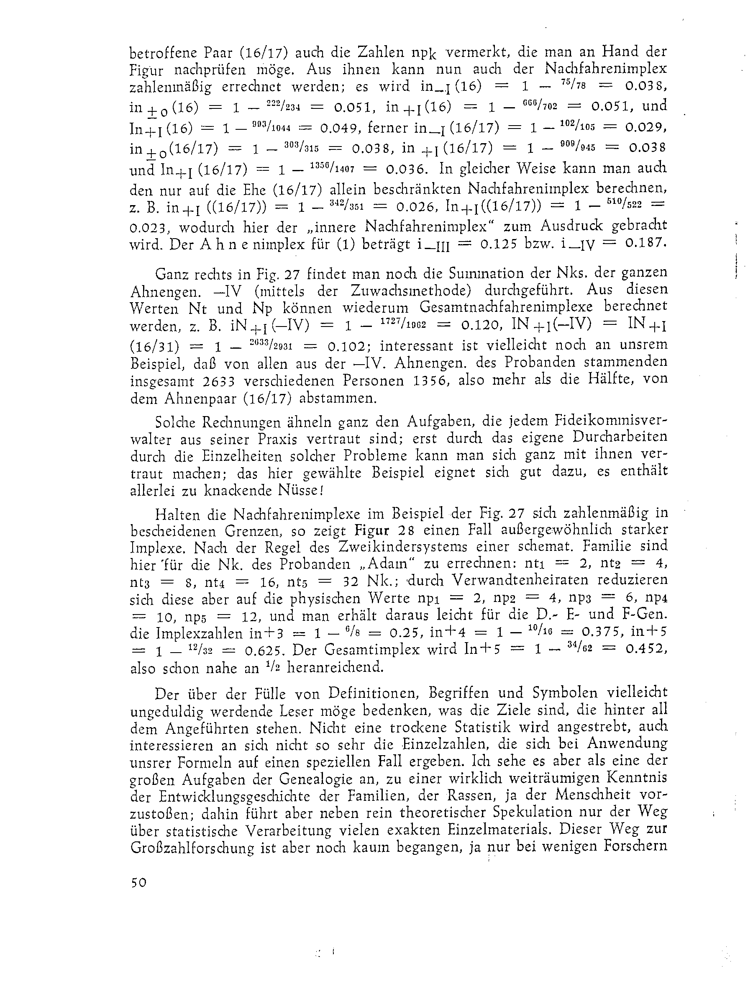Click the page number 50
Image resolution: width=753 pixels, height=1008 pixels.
138,895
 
